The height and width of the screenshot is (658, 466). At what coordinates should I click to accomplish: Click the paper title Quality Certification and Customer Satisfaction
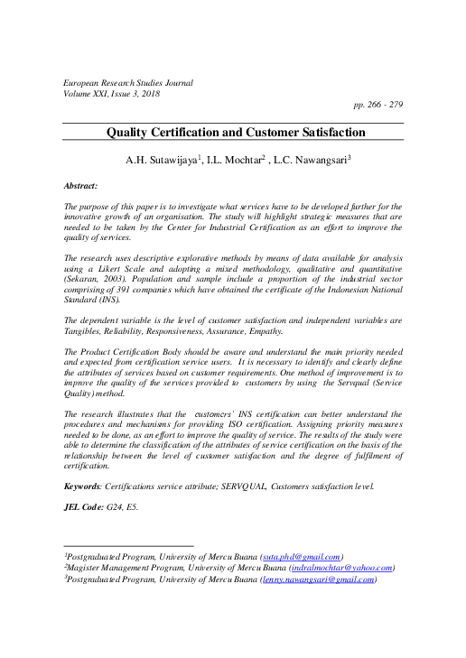tap(236, 133)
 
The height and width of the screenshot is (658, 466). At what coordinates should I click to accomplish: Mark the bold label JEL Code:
tap(85, 507)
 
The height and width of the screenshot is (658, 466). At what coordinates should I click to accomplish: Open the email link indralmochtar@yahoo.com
tap(340, 568)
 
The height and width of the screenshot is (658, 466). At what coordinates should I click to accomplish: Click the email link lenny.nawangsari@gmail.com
tap(317, 579)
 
